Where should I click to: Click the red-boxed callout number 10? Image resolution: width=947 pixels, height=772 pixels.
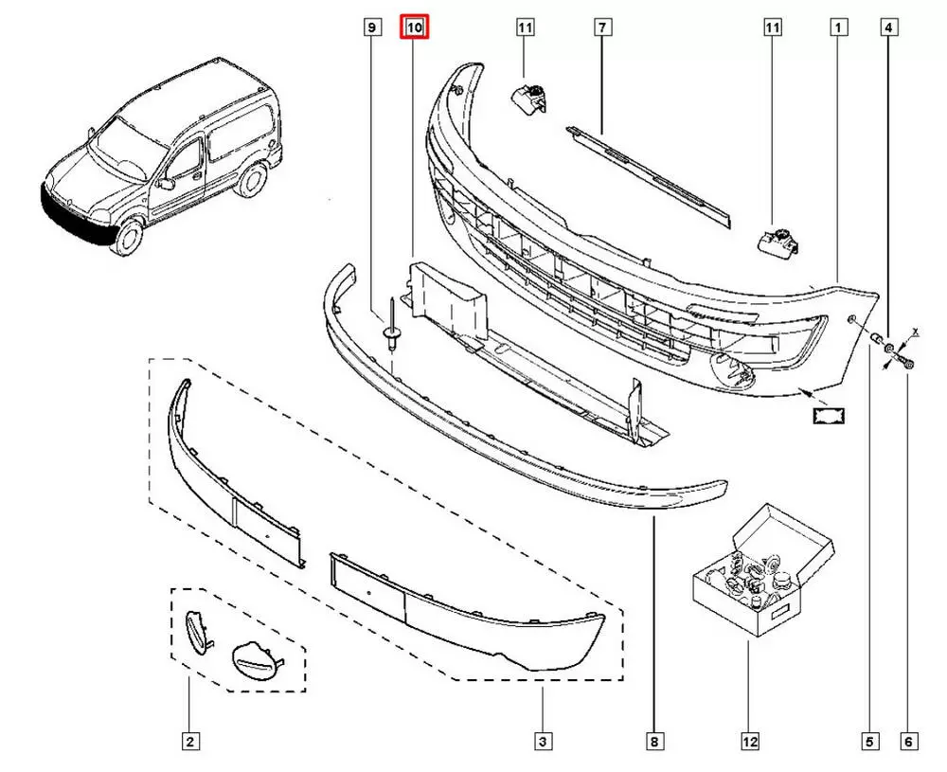(415, 28)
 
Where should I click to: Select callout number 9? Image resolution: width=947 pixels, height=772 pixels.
(372, 28)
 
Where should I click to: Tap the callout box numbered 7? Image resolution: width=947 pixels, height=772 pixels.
(600, 28)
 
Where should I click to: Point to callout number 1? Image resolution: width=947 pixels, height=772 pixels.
(838, 28)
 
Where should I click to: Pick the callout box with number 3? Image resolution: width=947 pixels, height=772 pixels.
(543, 742)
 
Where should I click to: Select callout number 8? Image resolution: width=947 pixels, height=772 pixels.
(655, 742)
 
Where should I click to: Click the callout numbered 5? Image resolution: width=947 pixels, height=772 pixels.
(870, 742)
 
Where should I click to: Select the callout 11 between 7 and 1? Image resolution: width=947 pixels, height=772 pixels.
(773, 28)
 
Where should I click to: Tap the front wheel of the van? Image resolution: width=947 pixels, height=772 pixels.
(126, 237)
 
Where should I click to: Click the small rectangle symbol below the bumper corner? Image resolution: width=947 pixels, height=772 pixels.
(827, 414)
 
